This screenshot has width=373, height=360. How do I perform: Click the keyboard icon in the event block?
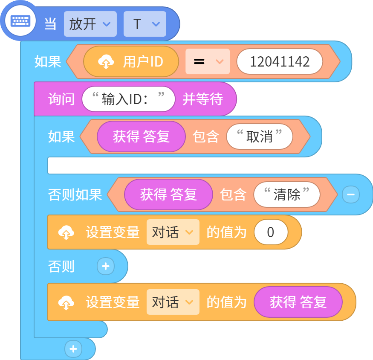[20, 21]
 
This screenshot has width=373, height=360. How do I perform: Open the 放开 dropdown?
[90, 24]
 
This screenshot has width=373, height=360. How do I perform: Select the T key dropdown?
[145, 24]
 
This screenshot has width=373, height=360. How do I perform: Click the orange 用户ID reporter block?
[131, 61]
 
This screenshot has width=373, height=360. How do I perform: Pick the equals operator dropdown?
[208, 61]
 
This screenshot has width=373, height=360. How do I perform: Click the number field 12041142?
[280, 61]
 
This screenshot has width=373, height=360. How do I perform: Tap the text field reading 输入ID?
[128, 99]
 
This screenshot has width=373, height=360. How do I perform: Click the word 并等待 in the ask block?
[202, 99]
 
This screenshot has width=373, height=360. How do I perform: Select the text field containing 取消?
[260, 136]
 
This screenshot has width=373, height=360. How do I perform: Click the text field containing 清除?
[287, 195]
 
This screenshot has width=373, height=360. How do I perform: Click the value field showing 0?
[271, 232]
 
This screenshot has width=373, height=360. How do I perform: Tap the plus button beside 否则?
[106, 266]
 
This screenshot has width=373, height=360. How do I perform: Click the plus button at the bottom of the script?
[73, 349]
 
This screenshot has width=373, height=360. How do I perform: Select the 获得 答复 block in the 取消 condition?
[141, 136]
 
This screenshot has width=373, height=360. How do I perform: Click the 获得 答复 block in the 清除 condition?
[168, 195]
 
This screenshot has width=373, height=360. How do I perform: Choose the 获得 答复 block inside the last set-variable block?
[298, 302]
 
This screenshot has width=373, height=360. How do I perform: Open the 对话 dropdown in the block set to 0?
[173, 232]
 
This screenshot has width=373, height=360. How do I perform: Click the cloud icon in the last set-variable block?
[66, 302]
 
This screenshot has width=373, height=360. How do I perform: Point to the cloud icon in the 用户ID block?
[106, 61]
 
